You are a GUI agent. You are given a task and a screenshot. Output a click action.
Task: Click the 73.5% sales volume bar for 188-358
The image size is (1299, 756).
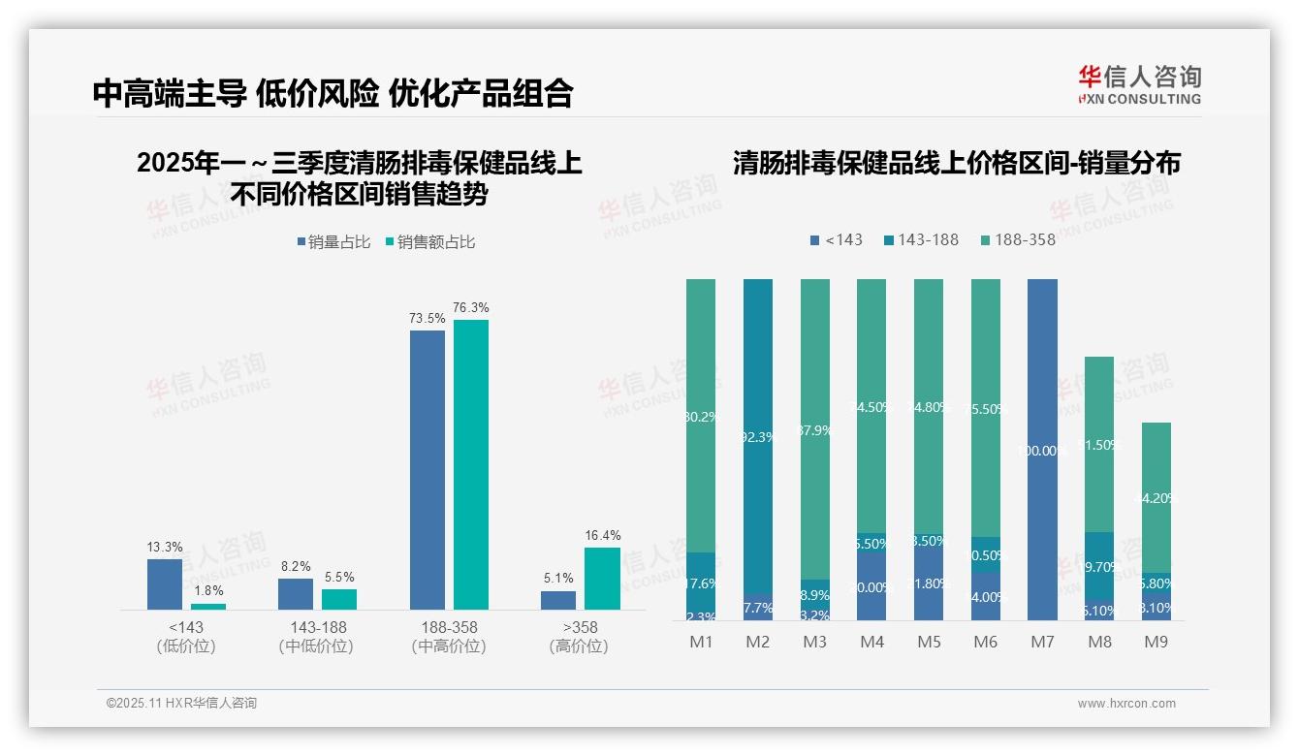click(x=428, y=469)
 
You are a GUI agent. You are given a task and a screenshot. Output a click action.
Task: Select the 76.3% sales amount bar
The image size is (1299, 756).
click(x=471, y=464)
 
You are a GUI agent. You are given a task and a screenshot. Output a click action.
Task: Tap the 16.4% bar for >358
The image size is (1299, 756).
click(x=602, y=579)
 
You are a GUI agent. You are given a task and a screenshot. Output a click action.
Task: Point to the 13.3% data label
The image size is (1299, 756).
click(x=165, y=548)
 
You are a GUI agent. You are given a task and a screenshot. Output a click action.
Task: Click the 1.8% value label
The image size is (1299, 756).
click(x=208, y=590)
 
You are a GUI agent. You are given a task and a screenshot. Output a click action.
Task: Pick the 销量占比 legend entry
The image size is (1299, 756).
click(x=333, y=242)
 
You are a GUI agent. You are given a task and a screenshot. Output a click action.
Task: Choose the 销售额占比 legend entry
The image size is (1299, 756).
click(x=430, y=242)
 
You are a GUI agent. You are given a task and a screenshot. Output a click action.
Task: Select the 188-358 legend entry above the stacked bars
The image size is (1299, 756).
click(x=1018, y=240)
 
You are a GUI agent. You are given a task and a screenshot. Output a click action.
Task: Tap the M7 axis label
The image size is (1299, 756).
click(x=1042, y=642)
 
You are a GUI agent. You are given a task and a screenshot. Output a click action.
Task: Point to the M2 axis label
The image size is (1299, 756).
click(x=758, y=642)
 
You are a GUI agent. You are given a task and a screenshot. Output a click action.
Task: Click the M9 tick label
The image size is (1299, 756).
click(x=1156, y=642)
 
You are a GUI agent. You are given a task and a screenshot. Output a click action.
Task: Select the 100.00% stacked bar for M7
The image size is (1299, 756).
click(x=1042, y=450)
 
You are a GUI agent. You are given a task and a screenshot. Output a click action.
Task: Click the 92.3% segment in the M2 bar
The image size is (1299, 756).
click(x=758, y=436)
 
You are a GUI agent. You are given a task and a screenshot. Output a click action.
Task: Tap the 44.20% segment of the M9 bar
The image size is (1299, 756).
click(x=1156, y=496)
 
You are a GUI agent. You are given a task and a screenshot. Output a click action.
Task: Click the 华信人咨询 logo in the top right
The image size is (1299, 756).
click(x=1139, y=84)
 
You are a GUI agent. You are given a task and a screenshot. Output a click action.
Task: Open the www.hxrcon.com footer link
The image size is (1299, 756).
click(x=1126, y=704)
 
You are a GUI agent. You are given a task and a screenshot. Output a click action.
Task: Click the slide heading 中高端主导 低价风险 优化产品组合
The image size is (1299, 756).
click(x=333, y=93)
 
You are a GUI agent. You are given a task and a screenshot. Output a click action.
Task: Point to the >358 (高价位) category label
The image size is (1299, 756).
click(x=579, y=637)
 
